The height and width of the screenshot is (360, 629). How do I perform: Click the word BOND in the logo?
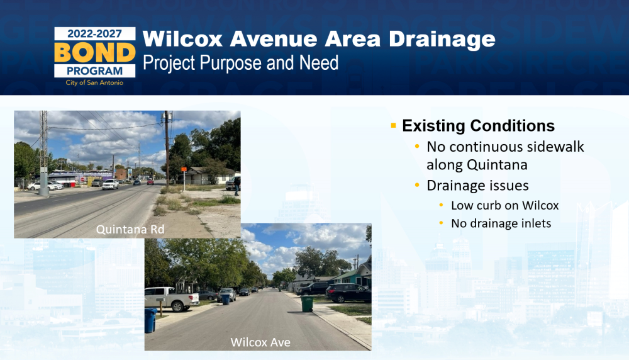pos(95,52)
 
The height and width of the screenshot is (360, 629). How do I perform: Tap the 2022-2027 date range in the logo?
pos(95,34)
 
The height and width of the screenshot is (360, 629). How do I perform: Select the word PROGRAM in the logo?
pos(95,71)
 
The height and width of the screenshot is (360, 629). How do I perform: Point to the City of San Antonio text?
pos(95,82)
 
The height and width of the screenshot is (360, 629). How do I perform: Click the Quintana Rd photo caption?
pos(130,229)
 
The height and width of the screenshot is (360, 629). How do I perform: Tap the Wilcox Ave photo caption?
pos(260,342)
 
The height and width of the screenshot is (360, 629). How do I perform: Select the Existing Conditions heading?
pos(478,126)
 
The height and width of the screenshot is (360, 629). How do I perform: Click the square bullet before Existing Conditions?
pos(393,126)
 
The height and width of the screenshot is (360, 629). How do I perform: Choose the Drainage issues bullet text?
pos(477,186)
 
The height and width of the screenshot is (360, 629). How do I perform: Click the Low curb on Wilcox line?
pos(504,205)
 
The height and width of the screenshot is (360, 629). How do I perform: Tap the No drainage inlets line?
pos(501,223)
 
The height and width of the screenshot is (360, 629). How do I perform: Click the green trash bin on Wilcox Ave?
pos(307,304)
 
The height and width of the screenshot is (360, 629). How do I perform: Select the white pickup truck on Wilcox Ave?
pos(172,298)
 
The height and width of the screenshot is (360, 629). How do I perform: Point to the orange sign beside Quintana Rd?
pos(184,170)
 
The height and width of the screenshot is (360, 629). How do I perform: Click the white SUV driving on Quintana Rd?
pos(110,184)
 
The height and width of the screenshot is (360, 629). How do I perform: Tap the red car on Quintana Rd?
pos(150,182)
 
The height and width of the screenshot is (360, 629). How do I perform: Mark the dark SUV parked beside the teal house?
pos(348,293)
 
